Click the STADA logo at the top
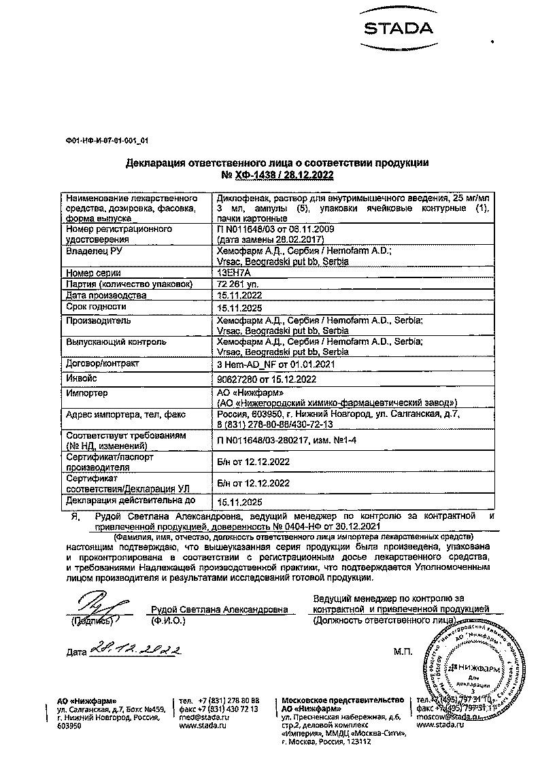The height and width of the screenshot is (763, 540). (398, 29)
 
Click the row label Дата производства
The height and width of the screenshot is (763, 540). (105, 296)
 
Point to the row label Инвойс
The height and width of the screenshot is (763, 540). (82, 378)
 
